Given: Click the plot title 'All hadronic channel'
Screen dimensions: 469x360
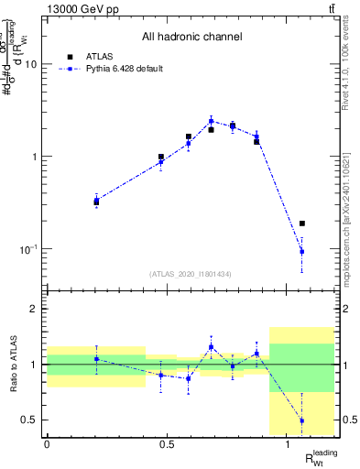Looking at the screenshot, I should coord(192,37).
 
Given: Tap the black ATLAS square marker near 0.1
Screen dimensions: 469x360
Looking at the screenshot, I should coord(302,224).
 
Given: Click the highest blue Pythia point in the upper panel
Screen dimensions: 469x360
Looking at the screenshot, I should coord(211,121).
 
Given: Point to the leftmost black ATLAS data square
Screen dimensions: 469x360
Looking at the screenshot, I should coord(96,202).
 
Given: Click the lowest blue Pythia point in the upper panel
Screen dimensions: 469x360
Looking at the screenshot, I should coord(302,251).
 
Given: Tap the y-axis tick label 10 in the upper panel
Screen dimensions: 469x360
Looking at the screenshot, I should coord(30,65).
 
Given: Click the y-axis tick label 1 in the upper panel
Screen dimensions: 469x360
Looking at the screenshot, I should coord(34,157).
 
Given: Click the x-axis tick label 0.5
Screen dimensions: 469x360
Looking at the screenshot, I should coord(167,444).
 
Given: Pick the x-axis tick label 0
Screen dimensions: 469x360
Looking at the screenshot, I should coord(47,444).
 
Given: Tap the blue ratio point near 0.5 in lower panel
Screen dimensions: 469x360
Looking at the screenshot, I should coord(302,420).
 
